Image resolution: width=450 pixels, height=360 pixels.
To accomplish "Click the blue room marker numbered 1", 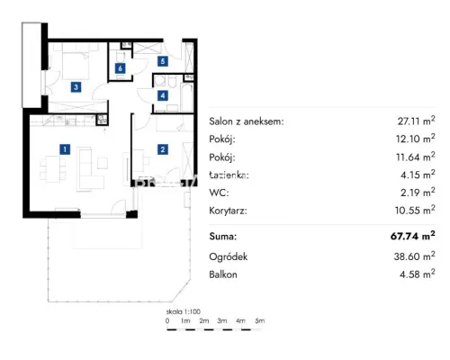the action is (x=65, y=149).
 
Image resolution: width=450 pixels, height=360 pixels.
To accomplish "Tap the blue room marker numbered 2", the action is (x=163, y=149).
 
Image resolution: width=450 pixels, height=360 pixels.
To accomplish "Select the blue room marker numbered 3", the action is (x=76, y=87).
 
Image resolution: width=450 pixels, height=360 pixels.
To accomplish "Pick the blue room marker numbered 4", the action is (x=163, y=95).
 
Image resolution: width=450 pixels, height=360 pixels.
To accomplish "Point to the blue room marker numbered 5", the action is (x=163, y=61).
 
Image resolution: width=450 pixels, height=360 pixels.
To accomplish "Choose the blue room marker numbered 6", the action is (x=120, y=68).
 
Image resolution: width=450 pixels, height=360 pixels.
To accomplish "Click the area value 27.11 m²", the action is (x=416, y=121).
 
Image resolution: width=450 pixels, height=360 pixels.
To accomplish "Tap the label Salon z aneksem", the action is (x=247, y=121).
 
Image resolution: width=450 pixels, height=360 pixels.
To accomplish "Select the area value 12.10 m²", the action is (x=415, y=139).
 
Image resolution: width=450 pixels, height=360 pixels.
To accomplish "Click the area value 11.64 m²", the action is (x=416, y=157).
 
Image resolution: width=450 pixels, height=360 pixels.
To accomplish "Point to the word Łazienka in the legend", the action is (x=229, y=175).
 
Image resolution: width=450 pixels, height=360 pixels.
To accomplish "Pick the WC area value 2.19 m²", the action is (x=418, y=192).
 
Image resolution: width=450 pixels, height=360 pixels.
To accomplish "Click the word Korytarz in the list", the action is (x=228, y=211).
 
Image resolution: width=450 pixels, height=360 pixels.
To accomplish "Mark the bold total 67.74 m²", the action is (x=413, y=236).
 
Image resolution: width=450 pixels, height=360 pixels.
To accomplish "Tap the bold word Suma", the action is (x=223, y=237).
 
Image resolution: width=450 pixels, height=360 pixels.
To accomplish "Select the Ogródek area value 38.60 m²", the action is (x=414, y=256).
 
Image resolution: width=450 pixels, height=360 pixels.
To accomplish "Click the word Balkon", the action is (x=223, y=274).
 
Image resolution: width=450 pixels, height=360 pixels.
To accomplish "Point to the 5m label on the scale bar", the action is (x=260, y=320).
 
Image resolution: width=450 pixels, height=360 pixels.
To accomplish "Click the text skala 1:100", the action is (x=184, y=311).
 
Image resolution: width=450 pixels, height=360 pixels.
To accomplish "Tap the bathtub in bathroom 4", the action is (x=186, y=97).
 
